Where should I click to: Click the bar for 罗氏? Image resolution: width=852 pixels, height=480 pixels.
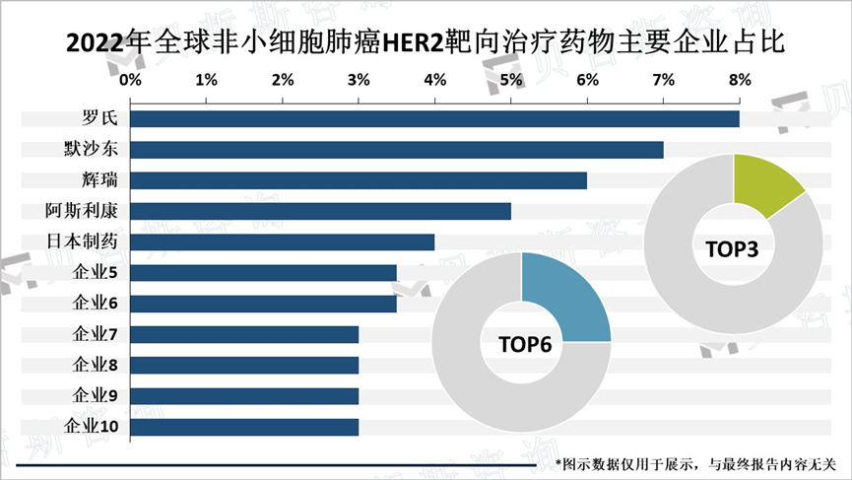(x=433, y=119)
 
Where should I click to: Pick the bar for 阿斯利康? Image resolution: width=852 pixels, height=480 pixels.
(x=320, y=211)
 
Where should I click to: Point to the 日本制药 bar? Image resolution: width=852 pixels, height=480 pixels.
(x=282, y=241)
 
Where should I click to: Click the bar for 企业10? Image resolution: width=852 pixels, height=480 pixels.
(x=243, y=427)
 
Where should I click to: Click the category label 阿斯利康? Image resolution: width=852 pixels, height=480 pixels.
(x=82, y=211)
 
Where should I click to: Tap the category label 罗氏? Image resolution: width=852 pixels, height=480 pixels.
(x=100, y=119)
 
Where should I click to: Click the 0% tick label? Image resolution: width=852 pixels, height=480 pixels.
(x=130, y=78)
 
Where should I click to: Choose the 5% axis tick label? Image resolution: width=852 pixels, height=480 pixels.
(x=511, y=78)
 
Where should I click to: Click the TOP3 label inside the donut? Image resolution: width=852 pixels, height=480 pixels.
(x=732, y=249)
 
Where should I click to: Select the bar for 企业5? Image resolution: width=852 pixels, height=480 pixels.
(x=263, y=273)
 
